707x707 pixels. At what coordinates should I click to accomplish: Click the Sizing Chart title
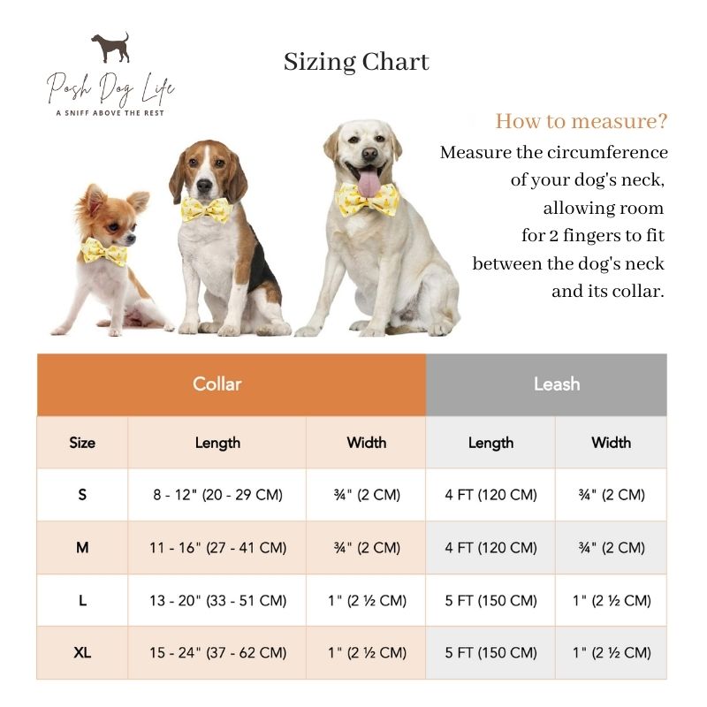click(x=356, y=62)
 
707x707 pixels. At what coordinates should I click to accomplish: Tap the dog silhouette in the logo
click(x=110, y=48)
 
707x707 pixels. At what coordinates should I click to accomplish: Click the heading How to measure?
click(x=581, y=121)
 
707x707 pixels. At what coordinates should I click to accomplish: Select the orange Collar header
click(x=217, y=384)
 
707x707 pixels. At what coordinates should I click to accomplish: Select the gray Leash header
click(x=557, y=384)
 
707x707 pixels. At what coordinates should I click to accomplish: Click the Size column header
click(x=82, y=443)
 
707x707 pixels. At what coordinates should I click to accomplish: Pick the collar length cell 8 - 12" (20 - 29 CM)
click(x=217, y=495)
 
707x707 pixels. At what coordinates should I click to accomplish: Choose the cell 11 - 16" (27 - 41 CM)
click(x=217, y=548)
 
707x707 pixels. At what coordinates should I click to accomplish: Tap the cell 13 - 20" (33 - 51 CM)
click(x=217, y=601)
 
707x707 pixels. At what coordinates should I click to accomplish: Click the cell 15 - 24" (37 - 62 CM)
click(x=217, y=653)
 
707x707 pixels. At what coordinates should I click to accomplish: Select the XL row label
click(x=82, y=653)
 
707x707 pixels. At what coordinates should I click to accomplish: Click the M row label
click(x=82, y=548)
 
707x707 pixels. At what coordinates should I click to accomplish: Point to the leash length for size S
click(x=490, y=495)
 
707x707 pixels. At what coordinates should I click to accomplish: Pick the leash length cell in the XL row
click(x=490, y=653)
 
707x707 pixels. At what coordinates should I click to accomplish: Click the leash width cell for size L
click(x=612, y=601)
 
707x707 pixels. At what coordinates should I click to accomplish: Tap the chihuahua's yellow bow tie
click(x=104, y=252)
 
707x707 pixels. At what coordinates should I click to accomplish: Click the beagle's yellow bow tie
click(x=206, y=209)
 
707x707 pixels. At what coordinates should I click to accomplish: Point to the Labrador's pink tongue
click(x=368, y=184)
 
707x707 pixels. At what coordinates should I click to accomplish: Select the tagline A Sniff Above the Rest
click(x=110, y=112)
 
